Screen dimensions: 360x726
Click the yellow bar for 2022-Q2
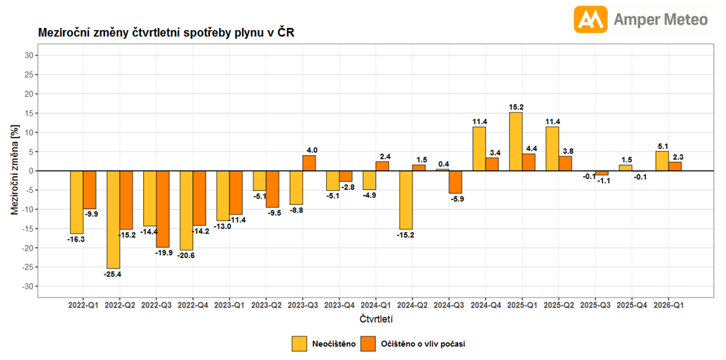pyautogui.click(x=113, y=219)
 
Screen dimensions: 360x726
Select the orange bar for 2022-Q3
pyautogui.click(x=163, y=208)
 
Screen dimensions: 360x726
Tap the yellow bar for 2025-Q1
pyautogui.click(x=516, y=141)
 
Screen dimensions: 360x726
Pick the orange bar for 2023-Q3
pyautogui.click(x=309, y=163)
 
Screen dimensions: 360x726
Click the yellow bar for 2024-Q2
pyautogui.click(x=406, y=199)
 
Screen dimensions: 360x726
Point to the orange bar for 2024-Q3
pyautogui.click(x=455, y=182)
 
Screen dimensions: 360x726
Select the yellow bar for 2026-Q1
pyautogui.click(x=661, y=161)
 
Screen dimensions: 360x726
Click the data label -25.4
pyautogui.click(x=113, y=274)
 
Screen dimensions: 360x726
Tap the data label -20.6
pyautogui.click(x=186, y=255)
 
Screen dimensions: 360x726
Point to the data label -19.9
pyautogui.click(x=163, y=253)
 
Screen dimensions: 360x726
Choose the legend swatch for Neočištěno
pyautogui.click(x=300, y=344)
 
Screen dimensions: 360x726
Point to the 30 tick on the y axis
pyautogui.click(x=29, y=55)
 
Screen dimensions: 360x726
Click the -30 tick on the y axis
pyautogui.click(x=27, y=286)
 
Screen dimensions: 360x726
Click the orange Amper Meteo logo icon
pyautogui.click(x=591, y=20)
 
